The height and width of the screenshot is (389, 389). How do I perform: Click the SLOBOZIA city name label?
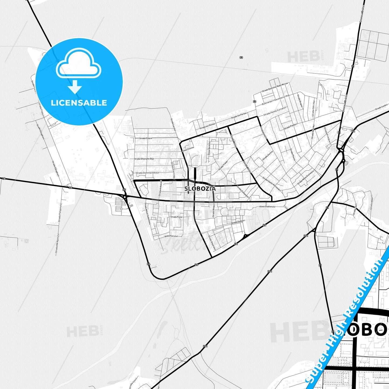(x=200, y=189)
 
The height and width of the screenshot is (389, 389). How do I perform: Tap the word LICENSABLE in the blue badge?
(x=79, y=103)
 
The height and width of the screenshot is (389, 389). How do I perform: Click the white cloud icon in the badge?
(x=78, y=64)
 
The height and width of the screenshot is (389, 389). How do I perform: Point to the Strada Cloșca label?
(x=146, y=138)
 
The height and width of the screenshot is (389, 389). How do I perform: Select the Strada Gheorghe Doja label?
(x=144, y=159)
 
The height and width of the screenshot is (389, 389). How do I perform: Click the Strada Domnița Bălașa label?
(x=147, y=173)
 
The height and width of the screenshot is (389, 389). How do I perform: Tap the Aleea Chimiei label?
(x=188, y=150)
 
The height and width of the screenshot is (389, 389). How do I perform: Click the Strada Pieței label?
(x=176, y=217)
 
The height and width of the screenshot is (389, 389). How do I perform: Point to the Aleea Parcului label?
(x=171, y=236)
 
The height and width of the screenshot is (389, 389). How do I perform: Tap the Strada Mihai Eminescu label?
(x=306, y=177)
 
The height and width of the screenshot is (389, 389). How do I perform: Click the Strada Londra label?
(x=382, y=107)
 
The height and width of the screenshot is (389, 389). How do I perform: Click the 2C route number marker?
(x=124, y=190)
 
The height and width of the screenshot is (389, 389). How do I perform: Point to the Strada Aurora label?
(x=268, y=155)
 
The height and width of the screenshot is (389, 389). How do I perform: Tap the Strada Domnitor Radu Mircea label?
(x=275, y=87)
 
